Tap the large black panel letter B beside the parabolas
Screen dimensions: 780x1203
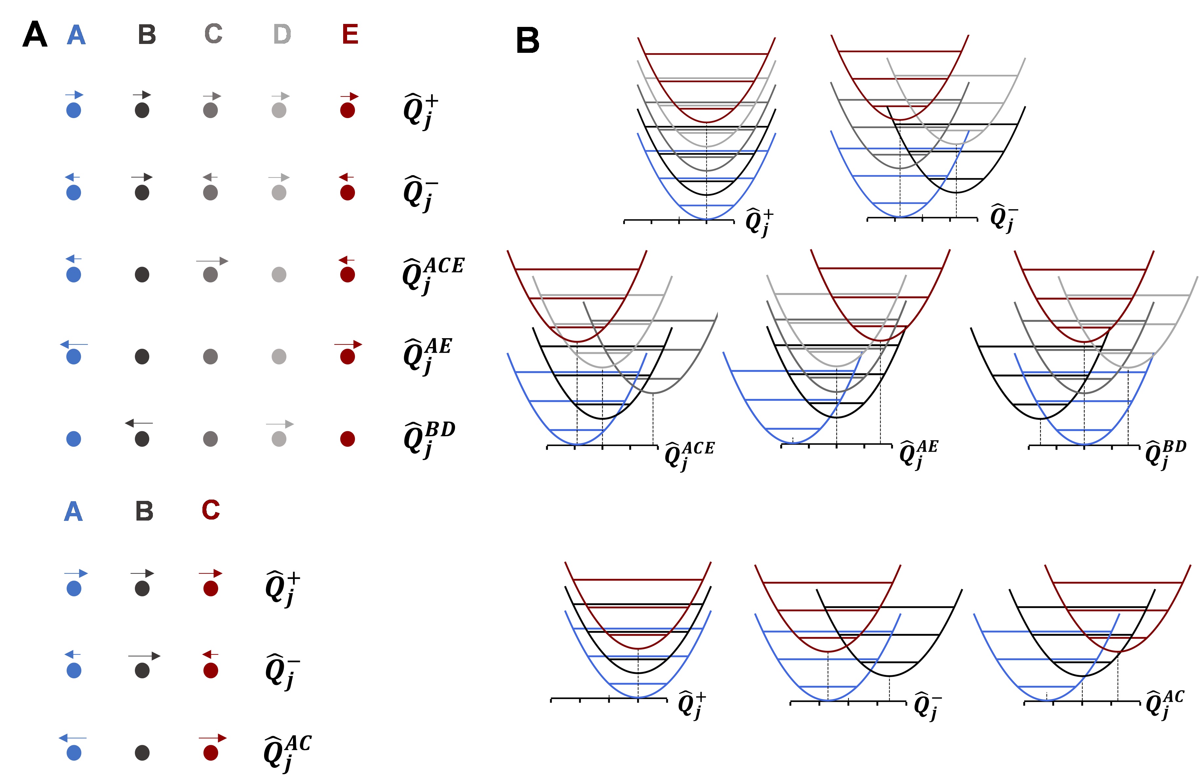click(527, 40)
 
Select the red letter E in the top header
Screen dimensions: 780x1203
click(350, 34)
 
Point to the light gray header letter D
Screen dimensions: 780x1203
click(281, 34)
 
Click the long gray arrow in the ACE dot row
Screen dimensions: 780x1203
click(212, 261)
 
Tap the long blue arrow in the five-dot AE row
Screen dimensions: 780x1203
click(74, 345)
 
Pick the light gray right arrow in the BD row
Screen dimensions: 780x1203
click(280, 424)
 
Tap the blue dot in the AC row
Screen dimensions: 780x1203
click(74, 753)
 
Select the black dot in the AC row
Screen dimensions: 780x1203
click(142, 753)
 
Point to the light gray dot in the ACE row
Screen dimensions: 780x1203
click(279, 275)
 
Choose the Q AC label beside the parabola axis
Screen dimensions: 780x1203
click(1164, 704)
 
